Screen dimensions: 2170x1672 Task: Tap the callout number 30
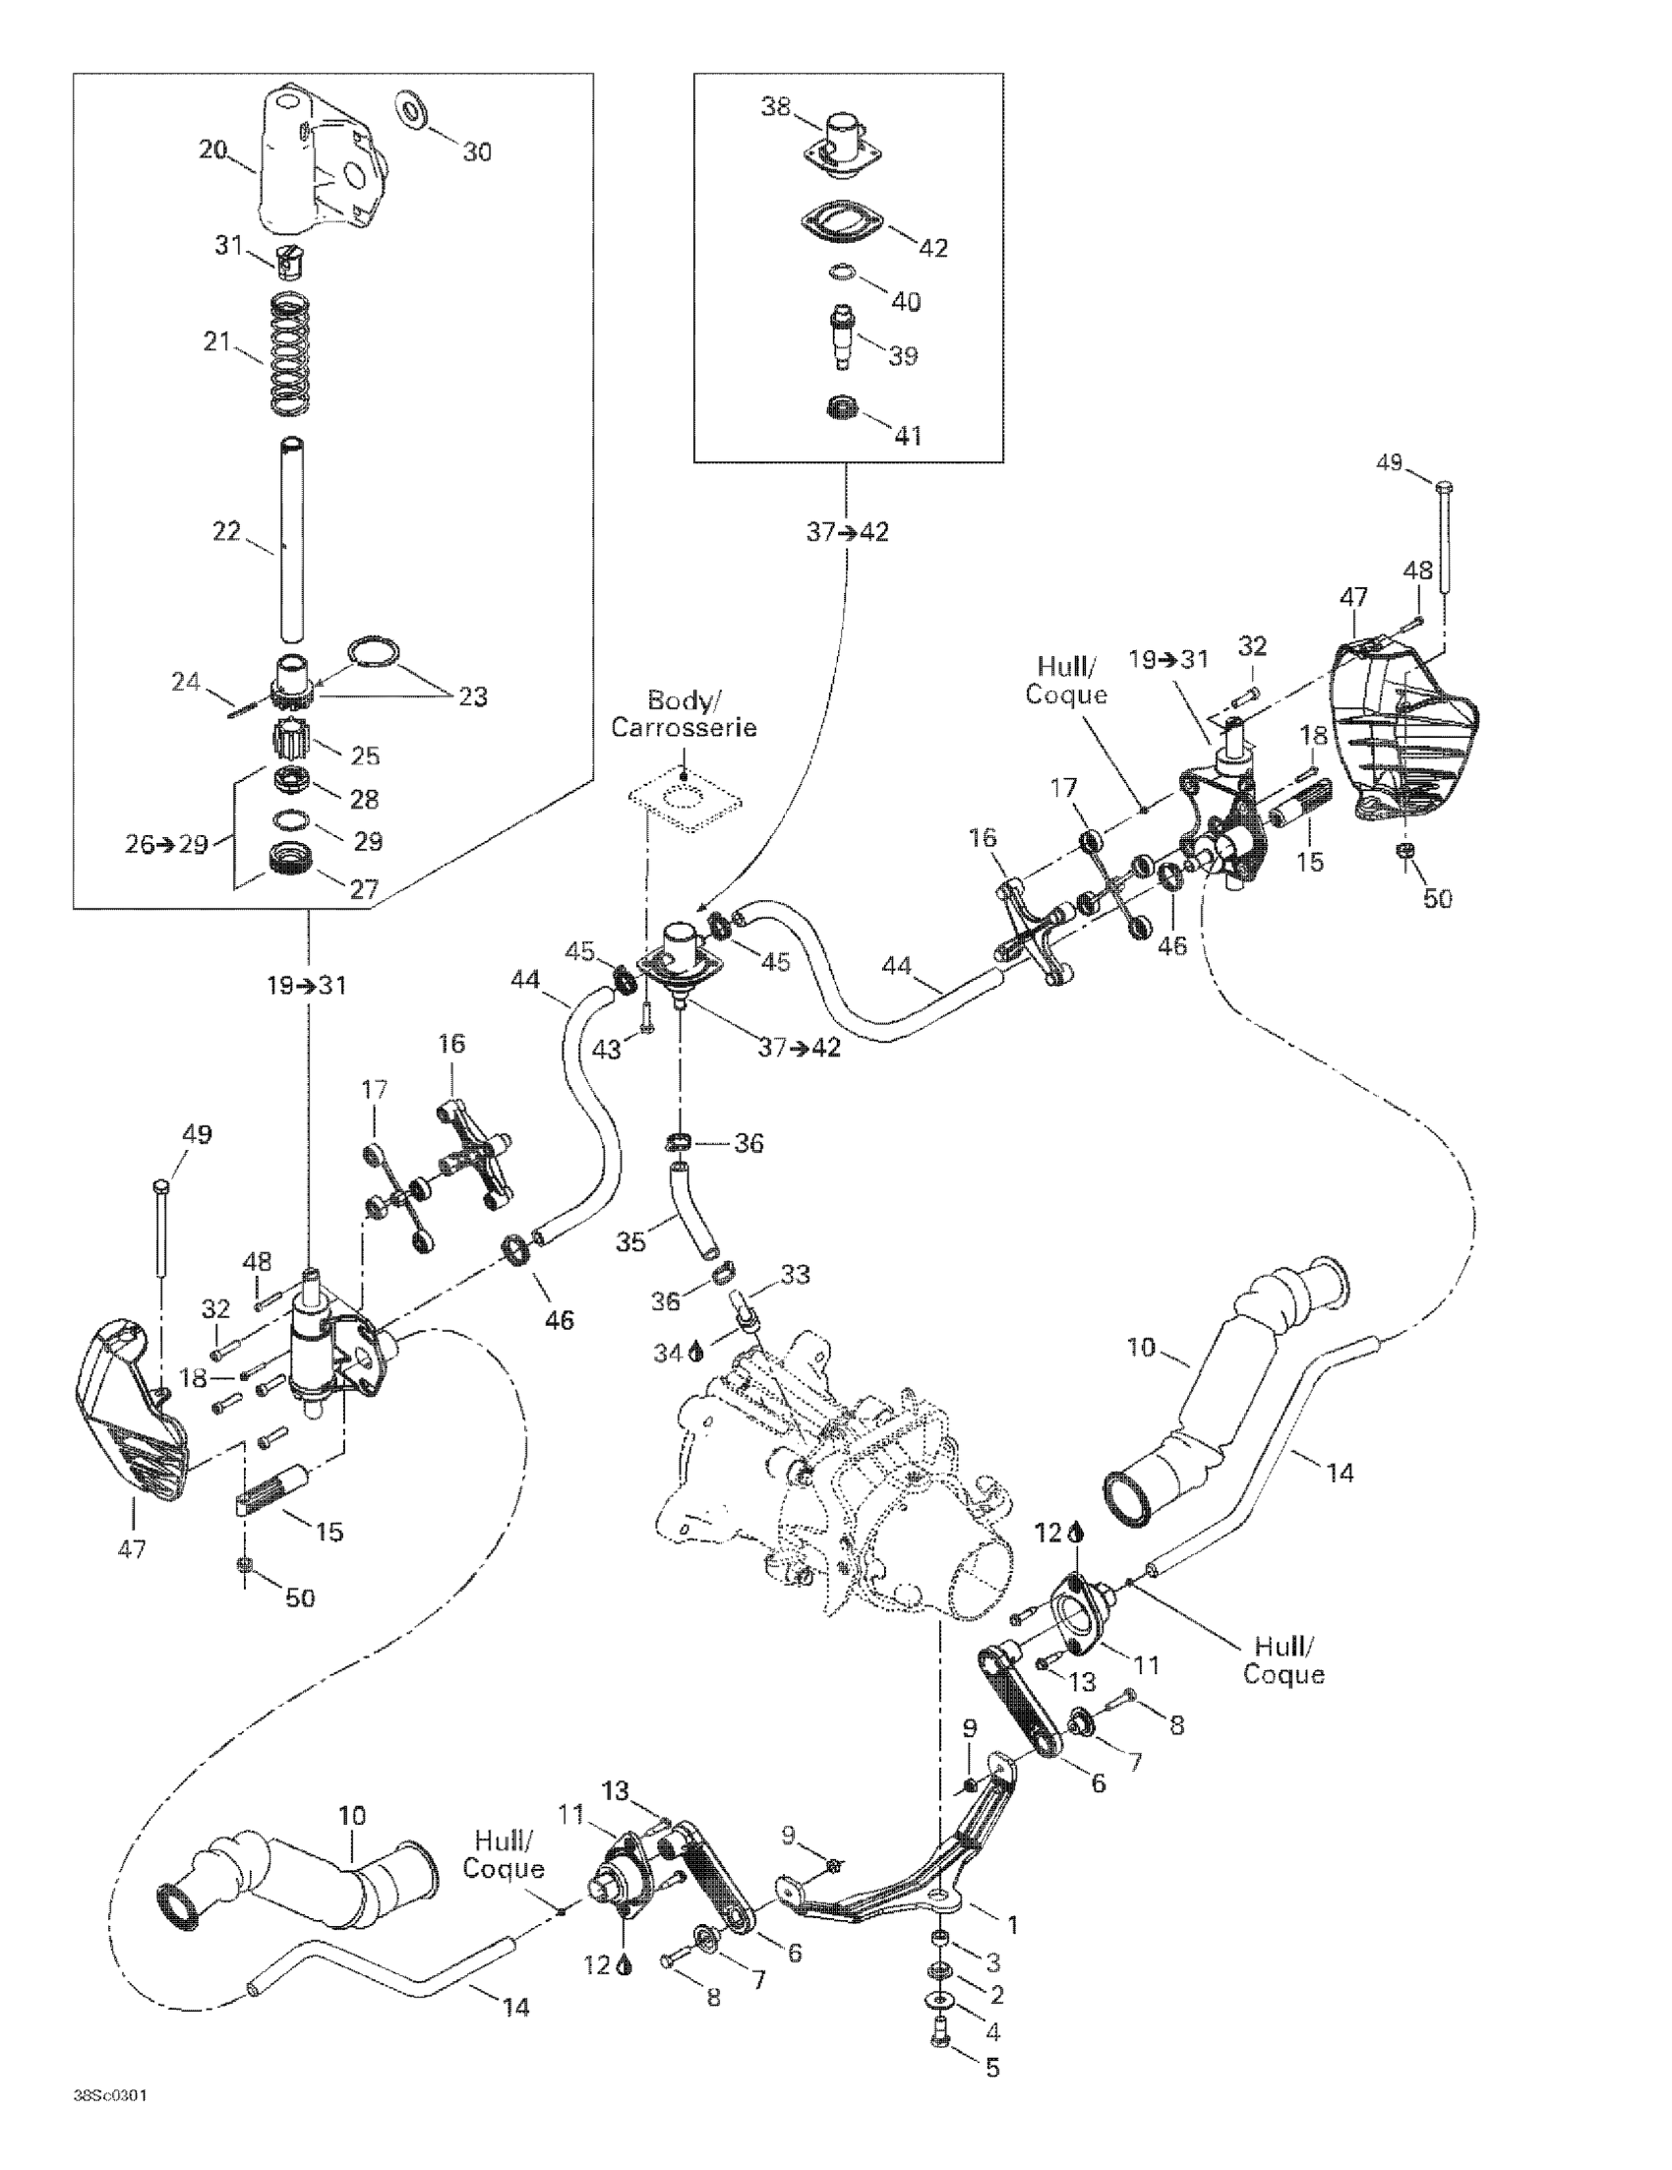[x=477, y=152]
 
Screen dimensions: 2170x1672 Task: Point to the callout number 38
[x=777, y=106]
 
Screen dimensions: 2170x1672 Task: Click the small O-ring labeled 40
[x=841, y=272]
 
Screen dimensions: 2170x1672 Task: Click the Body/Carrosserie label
[x=684, y=714]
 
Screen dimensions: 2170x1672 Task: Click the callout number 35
[x=630, y=1241]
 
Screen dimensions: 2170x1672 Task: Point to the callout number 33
[x=795, y=1273]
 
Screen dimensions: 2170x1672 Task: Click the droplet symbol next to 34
[x=696, y=1351]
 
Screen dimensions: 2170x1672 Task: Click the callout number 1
[x=1012, y=1925]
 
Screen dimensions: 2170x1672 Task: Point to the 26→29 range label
[x=167, y=845]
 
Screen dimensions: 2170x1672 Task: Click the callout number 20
[x=213, y=151]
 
